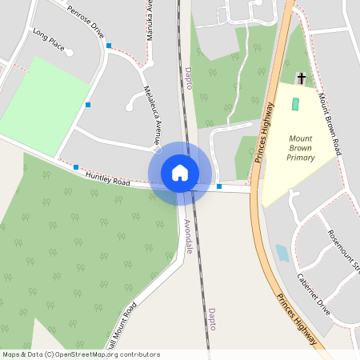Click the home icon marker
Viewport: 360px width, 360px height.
[x=180, y=173]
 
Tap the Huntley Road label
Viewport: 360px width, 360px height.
[x=107, y=177]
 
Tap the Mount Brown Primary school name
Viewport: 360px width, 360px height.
[x=301, y=148]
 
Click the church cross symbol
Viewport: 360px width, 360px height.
[x=301, y=78]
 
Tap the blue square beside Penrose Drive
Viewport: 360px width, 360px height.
[x=109, y=46]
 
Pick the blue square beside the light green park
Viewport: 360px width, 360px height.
[x=88, y=105]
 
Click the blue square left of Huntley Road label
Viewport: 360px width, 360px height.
[x=76, y=167]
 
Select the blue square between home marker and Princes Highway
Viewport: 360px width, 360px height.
[x=219, y=186]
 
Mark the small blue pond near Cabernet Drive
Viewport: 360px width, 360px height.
[x=282, y=254]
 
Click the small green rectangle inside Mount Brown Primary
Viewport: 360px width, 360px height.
[x=294, y=104]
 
